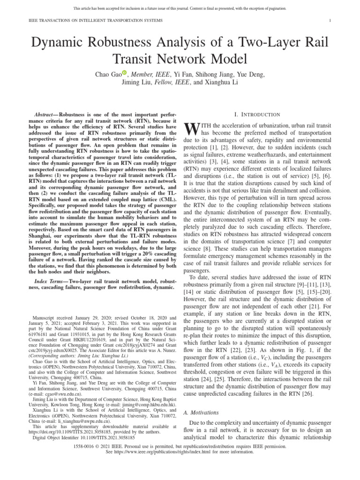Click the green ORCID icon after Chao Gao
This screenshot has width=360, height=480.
125,73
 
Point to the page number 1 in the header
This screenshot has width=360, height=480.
331,21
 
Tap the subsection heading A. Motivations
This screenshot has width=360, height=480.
200,413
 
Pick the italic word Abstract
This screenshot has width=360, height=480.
45,115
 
